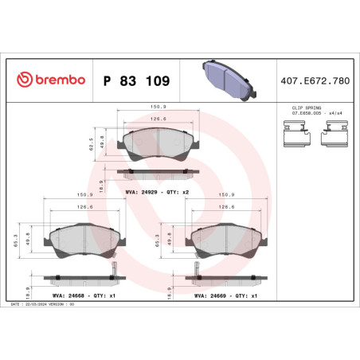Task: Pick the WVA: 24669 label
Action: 213,294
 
